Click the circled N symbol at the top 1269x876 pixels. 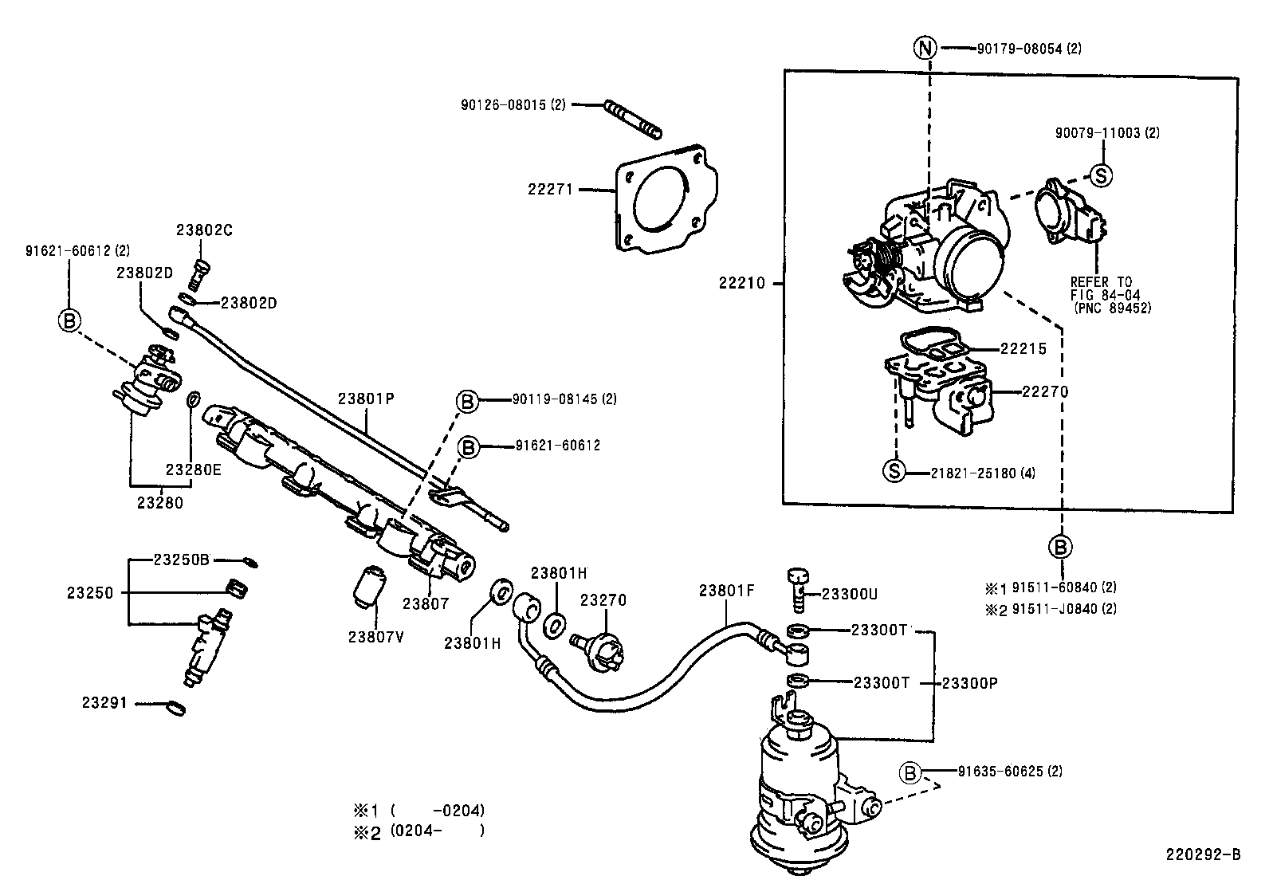tap(925, 49)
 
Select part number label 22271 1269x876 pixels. tap(550, 190)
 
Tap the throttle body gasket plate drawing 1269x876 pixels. tap(666, 199)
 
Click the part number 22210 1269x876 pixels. tap(741, 283)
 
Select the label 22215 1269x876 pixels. tap(1023, 349)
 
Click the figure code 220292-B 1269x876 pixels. tap(1203, 854)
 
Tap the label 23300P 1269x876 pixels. tap(969, 683)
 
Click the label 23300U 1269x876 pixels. tap(850, 594)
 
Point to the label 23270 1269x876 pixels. tap(603, 600)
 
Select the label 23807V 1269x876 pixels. tap(376, 636)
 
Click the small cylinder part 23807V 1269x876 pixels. tap(369, 586)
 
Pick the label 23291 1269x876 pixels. tap(104, 704)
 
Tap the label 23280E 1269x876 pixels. tap(193, 469)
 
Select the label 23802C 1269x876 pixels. tap(204, 230)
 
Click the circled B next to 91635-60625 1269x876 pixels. tap(910, 772)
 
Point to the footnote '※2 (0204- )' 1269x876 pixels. tap(419, 831)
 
